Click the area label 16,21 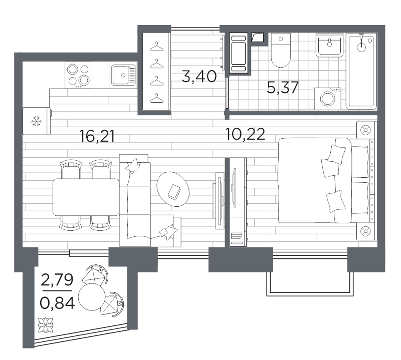coord(97,136)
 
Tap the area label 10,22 coord(245,134)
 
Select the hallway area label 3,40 coord(199,76)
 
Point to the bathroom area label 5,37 coord(282,87)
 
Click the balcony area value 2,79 coord(57,279)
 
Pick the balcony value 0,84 coord(57,303)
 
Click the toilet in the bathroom coord(281,50)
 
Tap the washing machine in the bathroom coord(328,99)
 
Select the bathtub coord(361,71)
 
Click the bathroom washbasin coord(329,45)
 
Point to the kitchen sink coord(123,75)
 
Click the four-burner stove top coord(78,75)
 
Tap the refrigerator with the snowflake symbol coord(37,121)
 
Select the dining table coord(86,197)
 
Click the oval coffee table coord(173,189)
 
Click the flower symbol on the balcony coord(46,325)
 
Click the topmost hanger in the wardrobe coord(156,47)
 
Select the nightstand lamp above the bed coord(365,130)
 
